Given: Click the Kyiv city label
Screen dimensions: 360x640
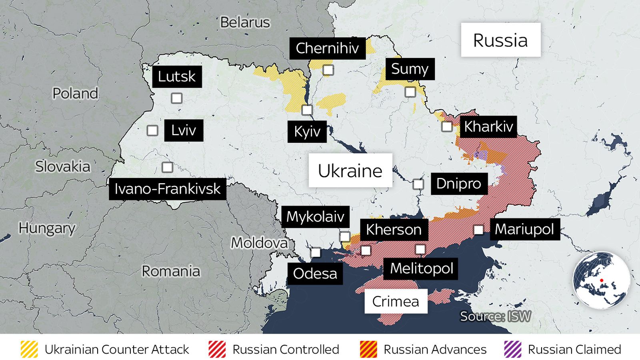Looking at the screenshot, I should coord(307,132).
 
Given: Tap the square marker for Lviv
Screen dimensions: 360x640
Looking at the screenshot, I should coord(152,130).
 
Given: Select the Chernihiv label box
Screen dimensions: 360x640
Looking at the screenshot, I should coord(327,48).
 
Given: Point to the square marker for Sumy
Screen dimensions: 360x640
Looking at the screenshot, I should coord(410,92).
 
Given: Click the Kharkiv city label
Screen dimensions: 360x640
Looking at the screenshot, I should coord(488,127).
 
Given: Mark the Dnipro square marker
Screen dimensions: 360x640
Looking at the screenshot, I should coord(418,184).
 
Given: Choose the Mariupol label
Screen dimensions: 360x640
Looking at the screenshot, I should coord(524,229).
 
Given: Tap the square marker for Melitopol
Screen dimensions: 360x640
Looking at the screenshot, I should coord(420,250).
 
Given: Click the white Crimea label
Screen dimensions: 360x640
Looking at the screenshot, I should coord(396,302).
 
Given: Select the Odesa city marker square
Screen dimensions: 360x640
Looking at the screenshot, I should coord(316,252).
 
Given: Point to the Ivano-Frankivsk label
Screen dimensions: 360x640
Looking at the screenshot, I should coord(167,189).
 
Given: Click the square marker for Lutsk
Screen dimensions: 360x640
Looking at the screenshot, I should coord(176,98).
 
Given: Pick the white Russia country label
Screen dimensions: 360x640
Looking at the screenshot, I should coord(500,40).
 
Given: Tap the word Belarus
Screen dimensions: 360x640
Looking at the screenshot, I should coord(245,22).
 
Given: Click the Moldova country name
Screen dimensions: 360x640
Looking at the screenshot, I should coord(259,243).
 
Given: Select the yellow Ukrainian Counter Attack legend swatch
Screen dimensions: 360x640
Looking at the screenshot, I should coord(29,349).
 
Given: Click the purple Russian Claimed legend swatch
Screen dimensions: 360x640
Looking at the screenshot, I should coord(512,349).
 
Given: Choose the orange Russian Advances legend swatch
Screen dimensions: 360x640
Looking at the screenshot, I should coord(368,349).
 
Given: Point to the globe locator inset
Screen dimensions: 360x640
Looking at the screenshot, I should coord(601,280).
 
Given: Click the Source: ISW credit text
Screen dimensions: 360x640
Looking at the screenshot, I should coord(495,316).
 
